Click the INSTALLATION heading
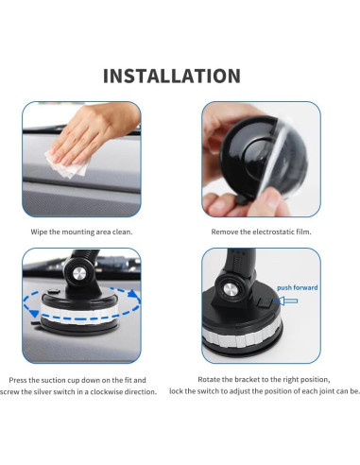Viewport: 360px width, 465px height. pyautogui.click(x=172, y=76)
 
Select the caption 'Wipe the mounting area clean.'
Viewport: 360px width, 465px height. pyautogui.click(x=81, y=232)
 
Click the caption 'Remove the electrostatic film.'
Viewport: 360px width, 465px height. pyautogui.click(x=261, y=232)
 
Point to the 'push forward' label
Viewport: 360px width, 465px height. pyautogui.click(x=298, y=287)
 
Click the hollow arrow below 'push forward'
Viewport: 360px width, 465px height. pyautogui.click(x=285, y=301)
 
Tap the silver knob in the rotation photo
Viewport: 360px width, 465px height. pyautogui.click(x=78, y=274)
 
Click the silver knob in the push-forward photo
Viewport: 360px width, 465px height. pyautogui.click(x=230, y=289)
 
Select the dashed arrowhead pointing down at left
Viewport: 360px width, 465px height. pyautogui.click(x=35, y=313)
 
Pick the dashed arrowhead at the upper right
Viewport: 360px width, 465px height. pyautogui.click(x=134, y=296)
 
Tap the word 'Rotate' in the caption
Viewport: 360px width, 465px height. pyautogui.click(x=208, y=379)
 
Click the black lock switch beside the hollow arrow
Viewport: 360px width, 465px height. pyautogui.click(x=265, y=301)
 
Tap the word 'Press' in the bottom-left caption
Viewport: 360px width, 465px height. pyautogui.click(x=18, y=380)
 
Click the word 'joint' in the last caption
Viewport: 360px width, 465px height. pyautogui.click(x=327, y=391)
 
